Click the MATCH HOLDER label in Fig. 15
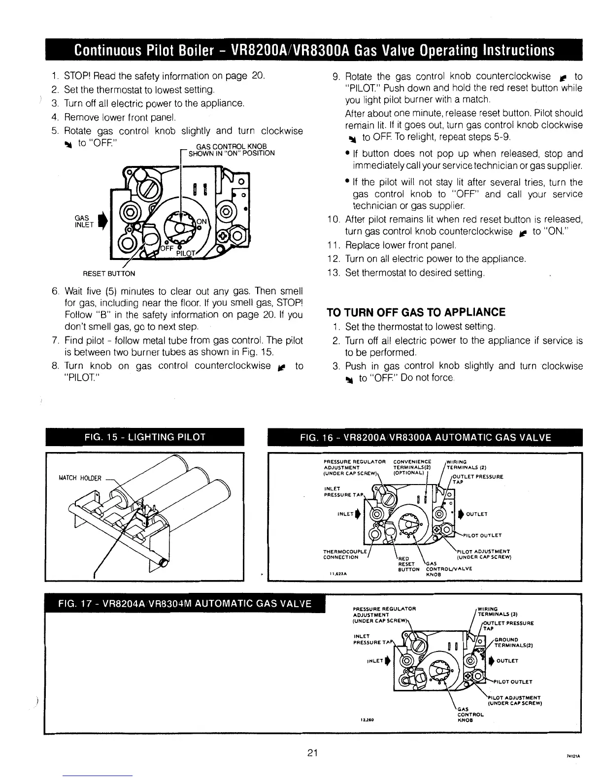click(x=79, y=478)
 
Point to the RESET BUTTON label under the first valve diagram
click(x=111, y=273)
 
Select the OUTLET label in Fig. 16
click(x=476, y=514)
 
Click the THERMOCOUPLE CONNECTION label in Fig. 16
click(x=340, y=554)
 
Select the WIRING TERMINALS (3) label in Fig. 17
click(x=497, y=611)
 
